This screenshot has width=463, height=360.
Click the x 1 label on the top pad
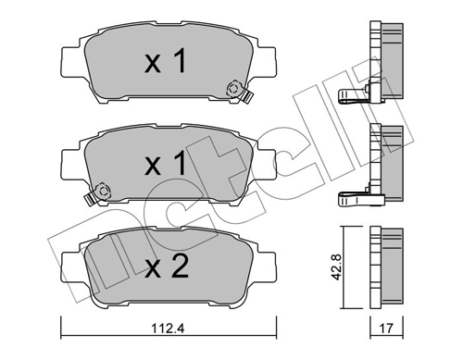166,63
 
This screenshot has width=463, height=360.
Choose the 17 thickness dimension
387,325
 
